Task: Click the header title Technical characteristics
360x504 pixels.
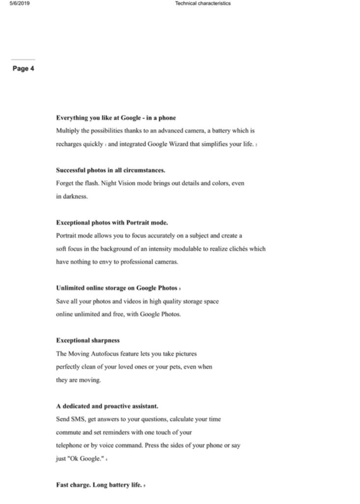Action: (x=203, y=3)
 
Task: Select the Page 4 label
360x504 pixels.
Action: (x=23, y=69)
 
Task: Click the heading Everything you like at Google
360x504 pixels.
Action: (x=116, y=118)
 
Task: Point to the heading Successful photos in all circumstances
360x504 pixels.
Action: (x=110, y=170)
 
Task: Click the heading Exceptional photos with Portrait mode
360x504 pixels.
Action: (x=112, y=222)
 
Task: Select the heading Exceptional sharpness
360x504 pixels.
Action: (x=88, y=340)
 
